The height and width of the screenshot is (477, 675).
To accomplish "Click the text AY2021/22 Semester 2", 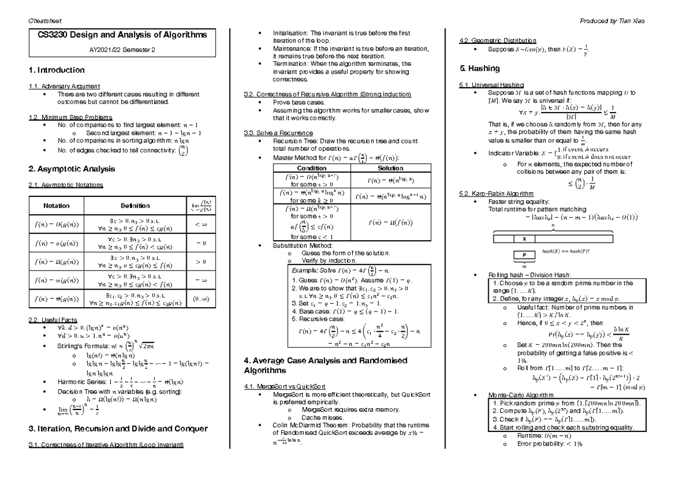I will coord(122,49).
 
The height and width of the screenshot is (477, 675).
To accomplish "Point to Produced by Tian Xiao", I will coord(617,20).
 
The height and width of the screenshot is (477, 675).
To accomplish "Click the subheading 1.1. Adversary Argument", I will coord(65,85).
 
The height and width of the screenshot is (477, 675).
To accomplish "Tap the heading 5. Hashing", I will coord(480,69).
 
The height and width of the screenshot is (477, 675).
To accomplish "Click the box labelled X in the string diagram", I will coord(524,238).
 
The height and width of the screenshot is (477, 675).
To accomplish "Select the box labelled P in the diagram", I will coord(524,254).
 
